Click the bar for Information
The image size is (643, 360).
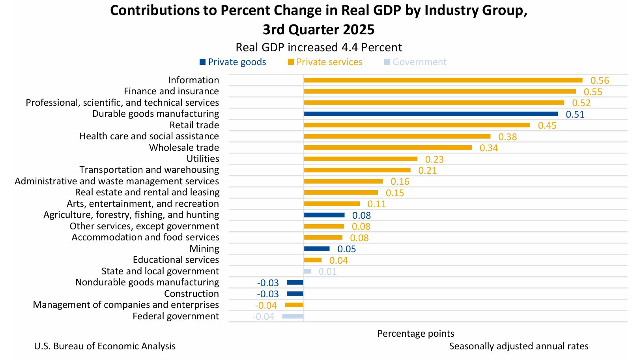443,80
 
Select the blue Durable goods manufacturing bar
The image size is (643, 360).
431,114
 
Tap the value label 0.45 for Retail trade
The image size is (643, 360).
547,126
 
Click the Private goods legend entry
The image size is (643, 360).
233,62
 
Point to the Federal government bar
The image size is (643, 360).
293,316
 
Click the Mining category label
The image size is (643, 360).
204,249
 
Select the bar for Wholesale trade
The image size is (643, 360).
388,148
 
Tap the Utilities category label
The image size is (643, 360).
203,159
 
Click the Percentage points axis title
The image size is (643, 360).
416,334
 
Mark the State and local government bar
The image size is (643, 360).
307,271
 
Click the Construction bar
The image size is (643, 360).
295,294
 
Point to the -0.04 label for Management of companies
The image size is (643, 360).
265,306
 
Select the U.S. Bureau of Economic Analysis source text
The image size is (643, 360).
105,346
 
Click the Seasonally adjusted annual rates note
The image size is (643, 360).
519,346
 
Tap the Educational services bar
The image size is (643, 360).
312,260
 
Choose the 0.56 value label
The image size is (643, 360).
600,81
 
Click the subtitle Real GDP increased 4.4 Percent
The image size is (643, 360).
319,47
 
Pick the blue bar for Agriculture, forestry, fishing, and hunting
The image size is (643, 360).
324,215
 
